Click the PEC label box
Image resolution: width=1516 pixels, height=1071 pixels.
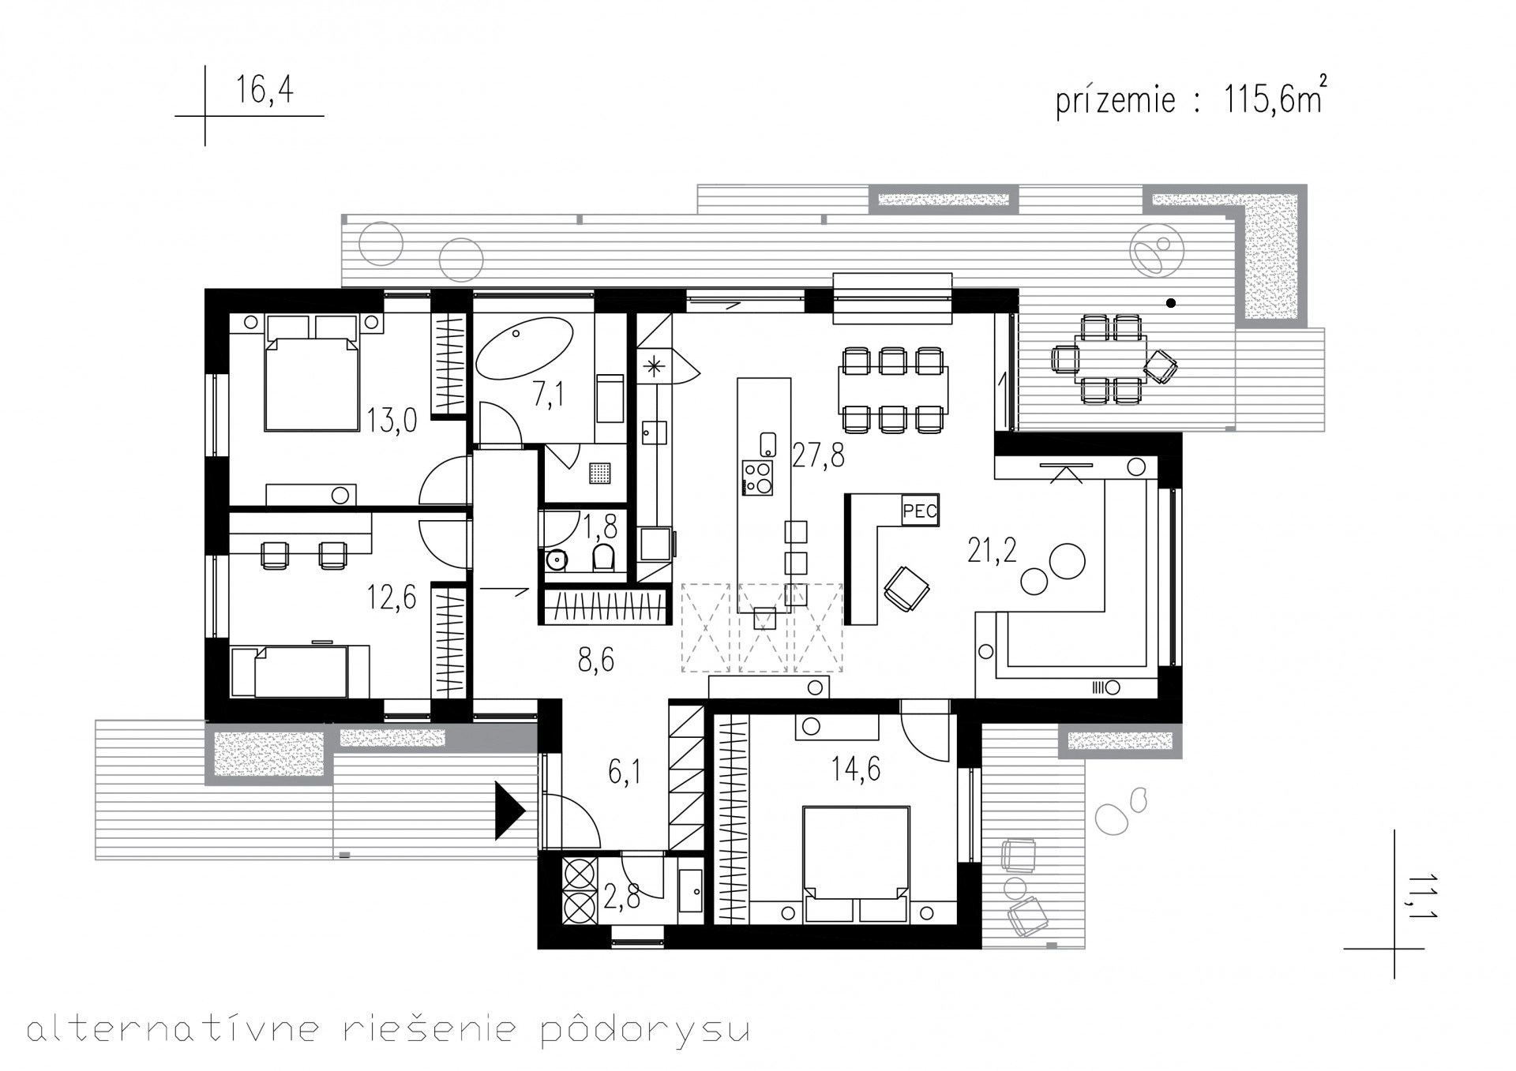pos(920,511)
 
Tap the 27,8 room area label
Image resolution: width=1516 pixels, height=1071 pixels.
pos(818,455)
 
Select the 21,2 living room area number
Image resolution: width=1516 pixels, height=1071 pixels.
pos(993,552)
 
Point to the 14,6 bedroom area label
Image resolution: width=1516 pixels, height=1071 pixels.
pos(856,768)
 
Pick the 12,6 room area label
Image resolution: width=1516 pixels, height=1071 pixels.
pos(392,597)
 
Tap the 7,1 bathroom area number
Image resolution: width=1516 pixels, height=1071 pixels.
pos(549,394)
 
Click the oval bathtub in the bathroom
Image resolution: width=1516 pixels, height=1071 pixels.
pos(524,350)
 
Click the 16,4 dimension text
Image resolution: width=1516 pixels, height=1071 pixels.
pos(265,89)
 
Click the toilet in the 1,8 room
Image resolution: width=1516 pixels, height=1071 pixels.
pos(602,556)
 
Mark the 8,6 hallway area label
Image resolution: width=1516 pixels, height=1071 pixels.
pos(595,660)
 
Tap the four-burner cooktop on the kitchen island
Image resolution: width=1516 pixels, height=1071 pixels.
pos(757,477)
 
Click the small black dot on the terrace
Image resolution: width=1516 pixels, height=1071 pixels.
pos(1171,303)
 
